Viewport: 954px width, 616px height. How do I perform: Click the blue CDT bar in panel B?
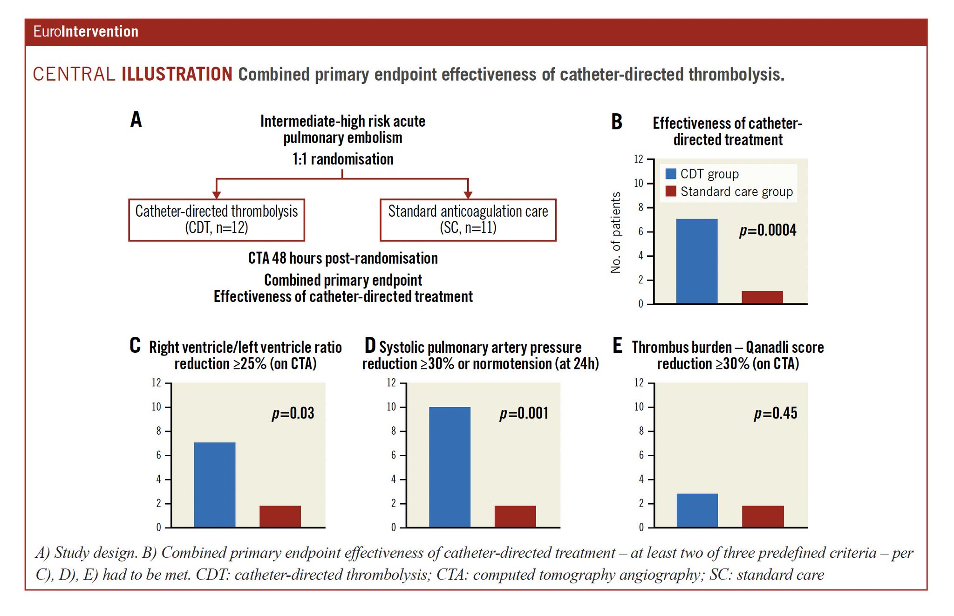696,261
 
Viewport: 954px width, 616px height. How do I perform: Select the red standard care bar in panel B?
762,297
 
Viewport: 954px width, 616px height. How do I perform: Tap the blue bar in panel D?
450,467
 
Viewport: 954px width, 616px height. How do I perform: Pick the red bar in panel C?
280,516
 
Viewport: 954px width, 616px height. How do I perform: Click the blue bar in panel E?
697,510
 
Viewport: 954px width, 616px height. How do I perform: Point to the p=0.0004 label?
768,230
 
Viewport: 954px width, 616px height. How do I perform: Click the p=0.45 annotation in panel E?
776,413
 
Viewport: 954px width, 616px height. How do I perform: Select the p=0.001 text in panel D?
524,413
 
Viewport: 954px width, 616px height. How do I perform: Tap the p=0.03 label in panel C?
293,413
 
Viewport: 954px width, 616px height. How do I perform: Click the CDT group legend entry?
702,174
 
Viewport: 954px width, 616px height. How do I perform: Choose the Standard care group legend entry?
729,192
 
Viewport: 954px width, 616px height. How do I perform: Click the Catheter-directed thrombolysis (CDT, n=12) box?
217,220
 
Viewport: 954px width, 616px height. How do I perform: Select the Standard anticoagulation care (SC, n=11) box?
468,220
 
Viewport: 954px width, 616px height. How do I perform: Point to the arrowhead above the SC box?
468,194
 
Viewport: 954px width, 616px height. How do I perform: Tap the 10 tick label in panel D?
391,407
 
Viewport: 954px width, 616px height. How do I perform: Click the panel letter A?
136,120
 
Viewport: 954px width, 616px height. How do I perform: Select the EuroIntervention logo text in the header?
86,32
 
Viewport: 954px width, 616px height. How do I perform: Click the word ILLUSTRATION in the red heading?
177,74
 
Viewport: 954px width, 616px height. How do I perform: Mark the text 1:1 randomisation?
343,159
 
